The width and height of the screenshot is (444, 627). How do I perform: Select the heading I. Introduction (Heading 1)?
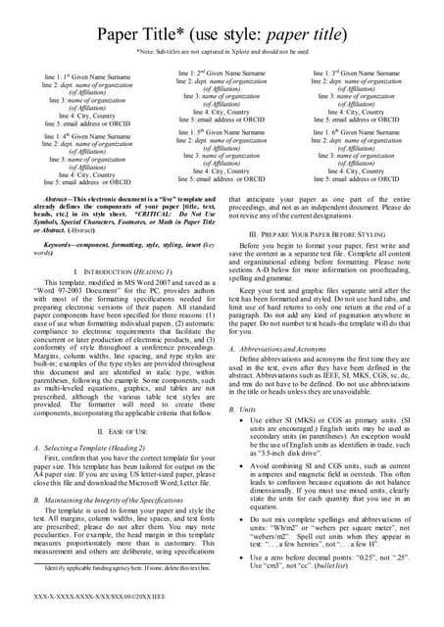pos(109,270)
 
